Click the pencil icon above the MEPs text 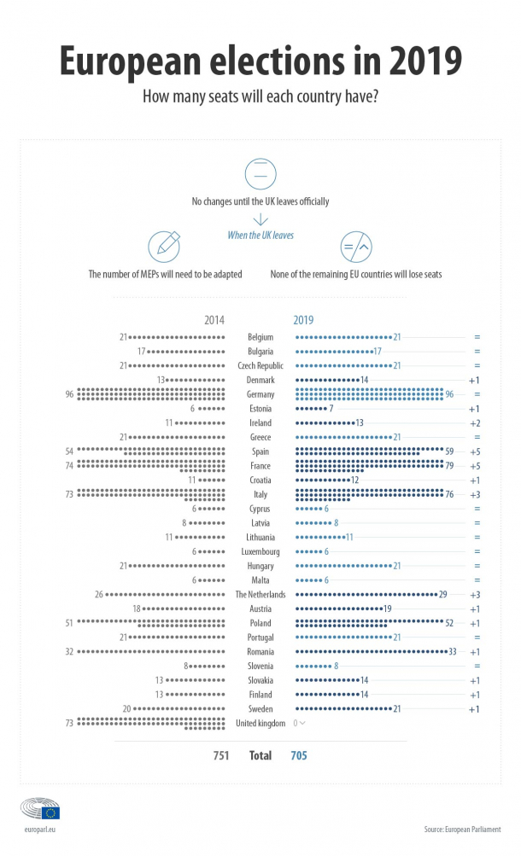[x=164, y=247]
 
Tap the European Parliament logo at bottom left [x=40, y=808]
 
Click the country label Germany [x=260, y=394]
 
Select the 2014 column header [x=214, y=320]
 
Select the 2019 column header [x=304, y=320]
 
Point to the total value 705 [x=299, y=755]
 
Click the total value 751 [x=221, y=755]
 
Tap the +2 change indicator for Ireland [x=475, y=423]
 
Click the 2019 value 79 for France [x=449, y=466]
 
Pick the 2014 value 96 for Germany [x=69, y=394]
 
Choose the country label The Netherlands [x=260, y=595]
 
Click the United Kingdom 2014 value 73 [x=69, y=724]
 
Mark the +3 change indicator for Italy [x=475, y=495]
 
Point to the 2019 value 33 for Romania [x=453, y=652]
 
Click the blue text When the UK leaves [x=260, y=236]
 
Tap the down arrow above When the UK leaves [x=260, y=219]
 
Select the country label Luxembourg [x=260, y=552]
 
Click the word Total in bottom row [x=260, y=755]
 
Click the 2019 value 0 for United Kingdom [x=296, y=724]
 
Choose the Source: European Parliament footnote [x=463, y=830]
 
